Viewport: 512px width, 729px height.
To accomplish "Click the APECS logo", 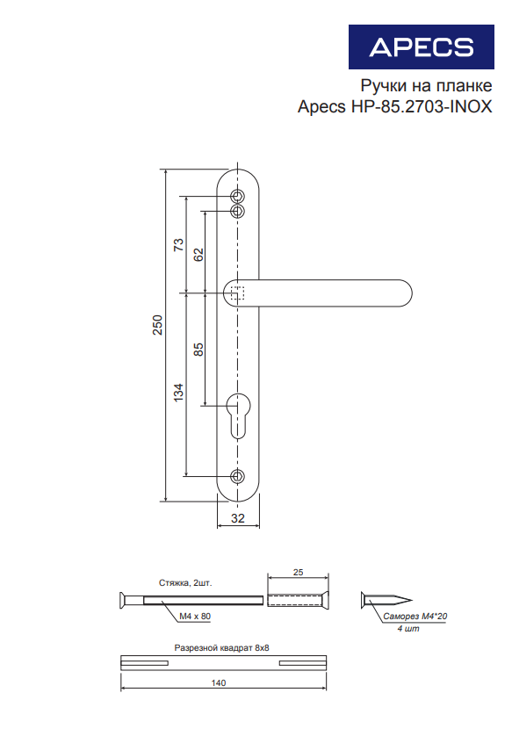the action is click(x=422, y=47).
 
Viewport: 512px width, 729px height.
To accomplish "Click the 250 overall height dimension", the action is click(x=158, y=325).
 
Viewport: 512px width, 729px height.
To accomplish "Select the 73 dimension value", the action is click(x=178, y=244).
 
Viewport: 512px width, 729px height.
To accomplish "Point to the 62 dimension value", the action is click(x=198, y=255).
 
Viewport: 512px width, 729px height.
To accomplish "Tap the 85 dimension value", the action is click(x=198, y=350).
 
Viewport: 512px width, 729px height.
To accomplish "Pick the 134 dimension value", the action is click(x=178, y=393).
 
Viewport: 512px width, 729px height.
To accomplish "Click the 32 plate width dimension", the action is click(x=238, y=518).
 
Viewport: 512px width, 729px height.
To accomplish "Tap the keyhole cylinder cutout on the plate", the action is click(x=238, y=415).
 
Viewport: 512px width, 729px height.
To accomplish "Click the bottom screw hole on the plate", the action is click(x=238, y=476).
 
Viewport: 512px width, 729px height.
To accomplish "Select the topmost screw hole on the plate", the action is click(x=238, y=195).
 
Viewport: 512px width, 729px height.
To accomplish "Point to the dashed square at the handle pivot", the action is click(x=237, y=293).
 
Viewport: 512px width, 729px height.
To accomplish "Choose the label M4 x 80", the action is click(x=195, y=617).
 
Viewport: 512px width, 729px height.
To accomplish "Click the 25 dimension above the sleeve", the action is click(x=298, y=573).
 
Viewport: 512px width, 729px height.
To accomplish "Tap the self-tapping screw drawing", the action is click(x=386, y=600).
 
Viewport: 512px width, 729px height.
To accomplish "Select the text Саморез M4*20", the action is click(x=415, y=617).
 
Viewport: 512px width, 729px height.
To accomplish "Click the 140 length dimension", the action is click(x=219, y=683).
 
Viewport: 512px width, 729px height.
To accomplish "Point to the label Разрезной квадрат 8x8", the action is click(x=222, y=647).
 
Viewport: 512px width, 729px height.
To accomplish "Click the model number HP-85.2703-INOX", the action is click(x=422, y=106).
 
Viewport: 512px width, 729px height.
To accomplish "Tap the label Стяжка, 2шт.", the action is click(x=185, y=583).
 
